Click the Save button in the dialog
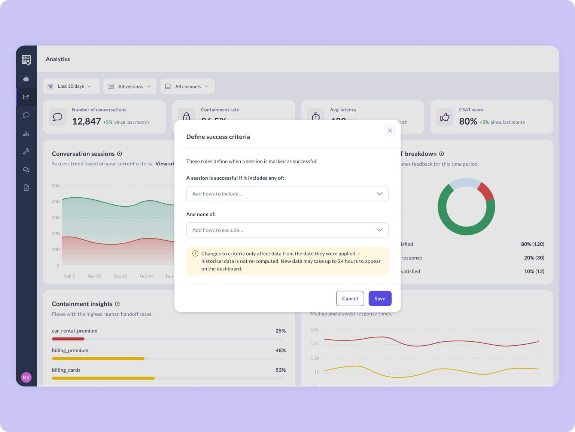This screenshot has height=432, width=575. pyautogui.click(x=380, y=298)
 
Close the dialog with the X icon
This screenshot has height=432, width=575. pyautogui.click(x=390, y=130)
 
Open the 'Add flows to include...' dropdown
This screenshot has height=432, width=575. pyautogui.click(x=287, y=194)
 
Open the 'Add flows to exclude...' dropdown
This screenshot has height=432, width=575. pyautogui.click(x=287, y=230)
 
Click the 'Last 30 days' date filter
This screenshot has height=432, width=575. pyautogui.click(x=71, y=86)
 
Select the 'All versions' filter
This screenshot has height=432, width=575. pyautogui.click(x=130, y=87)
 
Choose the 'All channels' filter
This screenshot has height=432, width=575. pyautogui.click(x=187, y=87)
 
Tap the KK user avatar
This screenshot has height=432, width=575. pyautogui.click(x=26, y=378)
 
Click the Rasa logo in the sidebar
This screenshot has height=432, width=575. pyautogui.click(x=26, y=60)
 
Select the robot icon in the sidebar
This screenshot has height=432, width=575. pyautogui.click(x=26, y=79)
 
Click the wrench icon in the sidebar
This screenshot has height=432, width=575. pyautogui.click(x=26, y=151)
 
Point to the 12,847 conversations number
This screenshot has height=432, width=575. pyautogui.click(x=86, y=121)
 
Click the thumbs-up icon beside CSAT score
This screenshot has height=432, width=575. pyautogui.click(x=445, y=117)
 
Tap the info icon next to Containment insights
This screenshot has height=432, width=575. pyautogui.click(x=117, y=304)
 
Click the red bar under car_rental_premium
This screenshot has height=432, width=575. pyautogui.click(x=68, y=339)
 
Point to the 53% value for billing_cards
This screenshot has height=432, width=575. pyautogui.click(x=281, y=370)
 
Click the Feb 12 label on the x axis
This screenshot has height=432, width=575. pyautogui.click(x=120, y=276)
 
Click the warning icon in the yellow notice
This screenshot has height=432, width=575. pyautogui.click(x=195, y=253)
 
